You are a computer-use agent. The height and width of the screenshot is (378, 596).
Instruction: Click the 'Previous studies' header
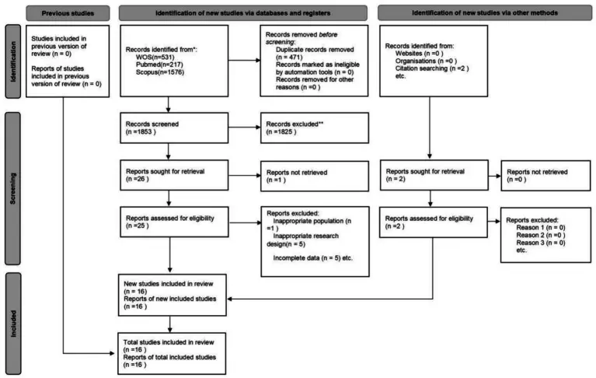tap(68, 13)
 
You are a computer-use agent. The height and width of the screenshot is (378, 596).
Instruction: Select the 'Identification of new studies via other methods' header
tap(485, 13)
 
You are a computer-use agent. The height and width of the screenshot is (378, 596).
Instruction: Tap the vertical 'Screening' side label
tap(13, 188)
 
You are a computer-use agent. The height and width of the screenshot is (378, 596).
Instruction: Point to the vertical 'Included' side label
tap(13, 324)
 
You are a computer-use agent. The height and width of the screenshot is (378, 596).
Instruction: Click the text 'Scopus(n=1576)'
tap(160, 72)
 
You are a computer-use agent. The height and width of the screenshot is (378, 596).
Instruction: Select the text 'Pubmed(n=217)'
tap(159, 65)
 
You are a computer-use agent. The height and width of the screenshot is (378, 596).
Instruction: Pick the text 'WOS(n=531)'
tap(155, 57)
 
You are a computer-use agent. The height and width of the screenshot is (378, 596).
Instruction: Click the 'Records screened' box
tap(174, 128)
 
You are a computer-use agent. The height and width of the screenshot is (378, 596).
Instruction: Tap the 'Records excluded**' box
tap(315, 128)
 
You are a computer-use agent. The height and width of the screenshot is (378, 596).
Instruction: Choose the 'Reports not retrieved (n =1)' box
tap(315, 176)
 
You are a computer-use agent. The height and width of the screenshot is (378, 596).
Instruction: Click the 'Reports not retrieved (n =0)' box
tap(545, 176)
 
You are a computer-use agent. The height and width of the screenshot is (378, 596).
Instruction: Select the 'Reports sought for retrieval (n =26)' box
tap(174, 175)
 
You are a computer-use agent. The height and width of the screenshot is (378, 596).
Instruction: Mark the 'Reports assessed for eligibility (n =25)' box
tap(174, 222)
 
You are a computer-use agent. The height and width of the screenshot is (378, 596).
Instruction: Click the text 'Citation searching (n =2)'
tap(432, 68)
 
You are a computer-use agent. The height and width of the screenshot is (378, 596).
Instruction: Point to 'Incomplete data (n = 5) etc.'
tap(313, 257)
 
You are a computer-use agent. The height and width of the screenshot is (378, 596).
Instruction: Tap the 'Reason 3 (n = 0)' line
tap(541, 243)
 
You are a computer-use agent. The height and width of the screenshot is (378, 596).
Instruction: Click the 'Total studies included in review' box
tap(172, 354)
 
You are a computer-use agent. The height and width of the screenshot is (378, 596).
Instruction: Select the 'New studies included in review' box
tap(173, 295)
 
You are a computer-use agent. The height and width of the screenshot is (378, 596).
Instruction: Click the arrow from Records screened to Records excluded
tap(245, 127)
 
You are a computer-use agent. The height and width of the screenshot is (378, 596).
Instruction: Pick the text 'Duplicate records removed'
tap(315, 50)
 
